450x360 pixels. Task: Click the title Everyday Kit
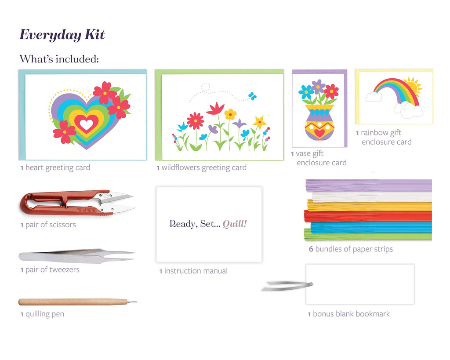pyautogui.click(x=62, y=35)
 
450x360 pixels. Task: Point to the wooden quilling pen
pyautogui.click(x=75, y=302)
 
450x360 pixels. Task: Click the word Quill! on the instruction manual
pyautogui.click(x=235, y=224)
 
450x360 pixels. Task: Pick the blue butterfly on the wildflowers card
pyautogui.click(x=252, y=95)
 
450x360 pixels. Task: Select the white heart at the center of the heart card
pyautogui.click(x=86, y=124)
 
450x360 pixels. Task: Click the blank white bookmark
pyautogui.click(x=360, y=284)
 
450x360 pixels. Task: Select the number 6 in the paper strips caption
pyautogui.click(x=311, y=249)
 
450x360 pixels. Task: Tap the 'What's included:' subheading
pyautogui.click(x=59, y=59)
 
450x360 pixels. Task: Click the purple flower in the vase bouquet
pyautogui.click(x=318, y=86)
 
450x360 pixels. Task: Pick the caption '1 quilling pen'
pyautogui.click(x=42, y=314)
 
